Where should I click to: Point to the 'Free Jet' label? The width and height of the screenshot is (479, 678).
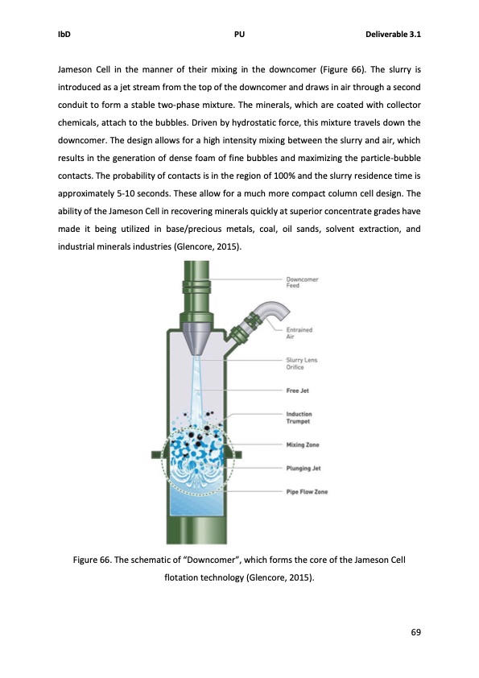298,391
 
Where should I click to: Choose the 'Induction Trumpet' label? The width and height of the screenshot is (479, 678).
299,417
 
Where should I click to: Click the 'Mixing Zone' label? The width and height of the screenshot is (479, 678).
302,444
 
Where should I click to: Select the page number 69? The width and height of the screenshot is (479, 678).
415,631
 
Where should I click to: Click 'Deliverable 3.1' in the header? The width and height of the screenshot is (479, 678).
394,35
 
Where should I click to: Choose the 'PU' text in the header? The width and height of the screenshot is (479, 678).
239,35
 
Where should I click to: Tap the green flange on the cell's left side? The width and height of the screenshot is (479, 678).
159,455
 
